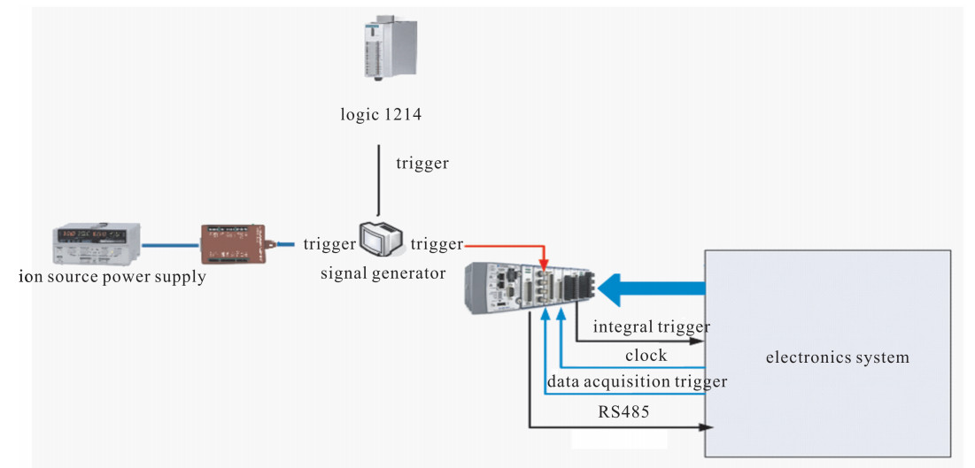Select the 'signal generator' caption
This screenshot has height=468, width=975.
[383, 273]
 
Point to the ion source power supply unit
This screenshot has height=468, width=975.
[97, 243]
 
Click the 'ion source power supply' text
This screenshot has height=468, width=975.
[112, 277]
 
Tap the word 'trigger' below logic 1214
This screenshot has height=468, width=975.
[423, 164]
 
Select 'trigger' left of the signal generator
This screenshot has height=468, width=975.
[329, 243]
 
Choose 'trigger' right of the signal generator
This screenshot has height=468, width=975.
[437, 243]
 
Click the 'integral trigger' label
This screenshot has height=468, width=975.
[652, 327]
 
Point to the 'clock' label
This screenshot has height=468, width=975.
[645, 355]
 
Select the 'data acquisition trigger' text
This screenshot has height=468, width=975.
[637, 381]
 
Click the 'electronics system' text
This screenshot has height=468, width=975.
[837, 358]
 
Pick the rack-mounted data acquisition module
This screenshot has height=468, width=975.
[529, 287]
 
